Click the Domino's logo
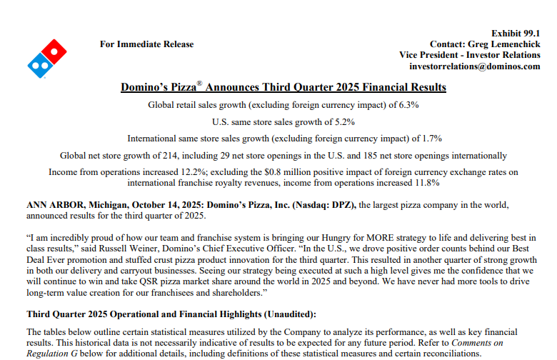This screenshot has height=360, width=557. (46, 59)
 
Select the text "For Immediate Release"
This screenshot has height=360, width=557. (146, 44)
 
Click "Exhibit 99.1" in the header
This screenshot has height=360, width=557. (516, 34)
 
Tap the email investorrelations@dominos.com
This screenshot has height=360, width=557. (475, 66)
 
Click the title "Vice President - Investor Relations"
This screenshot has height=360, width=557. (469, 55)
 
